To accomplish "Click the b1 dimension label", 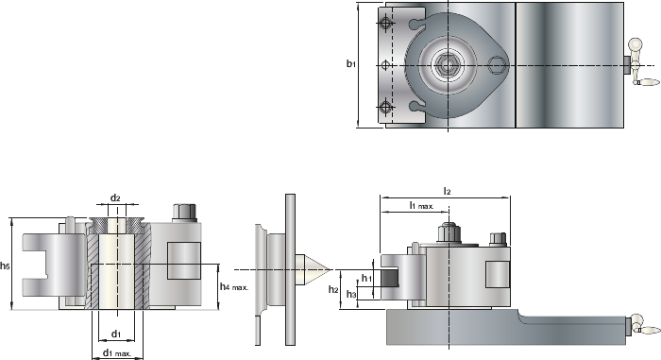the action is (351, 63).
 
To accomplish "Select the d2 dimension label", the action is (115, 197).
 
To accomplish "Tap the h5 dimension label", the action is (5, 266).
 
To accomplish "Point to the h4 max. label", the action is (234, 287).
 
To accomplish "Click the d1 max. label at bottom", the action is (118, 352).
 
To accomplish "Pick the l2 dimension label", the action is (448, 191).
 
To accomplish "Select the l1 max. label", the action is (421, 205).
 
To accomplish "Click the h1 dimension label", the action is (366, 278).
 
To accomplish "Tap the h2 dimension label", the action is (333, 289).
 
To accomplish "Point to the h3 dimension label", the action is (351, 294).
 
